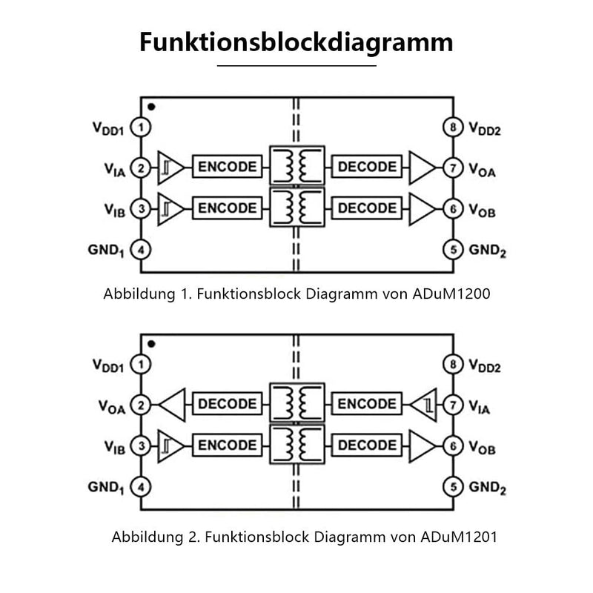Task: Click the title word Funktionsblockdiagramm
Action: (296, 42)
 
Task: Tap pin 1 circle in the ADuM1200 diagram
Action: (141, 127)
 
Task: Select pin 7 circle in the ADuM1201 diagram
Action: (453, 405)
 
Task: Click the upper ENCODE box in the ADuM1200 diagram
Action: (228, 166)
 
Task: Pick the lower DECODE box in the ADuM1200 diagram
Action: (367, 208)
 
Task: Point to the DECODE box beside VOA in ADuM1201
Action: (228, 403)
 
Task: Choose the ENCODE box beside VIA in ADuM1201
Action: (367, 403)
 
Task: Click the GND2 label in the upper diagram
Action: (487, 251)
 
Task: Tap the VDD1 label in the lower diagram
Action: (108, 365)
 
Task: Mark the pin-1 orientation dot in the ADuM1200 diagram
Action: (151, 107)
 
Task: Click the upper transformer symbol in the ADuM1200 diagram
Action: (297, 165)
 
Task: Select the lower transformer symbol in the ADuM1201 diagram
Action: (297, 444)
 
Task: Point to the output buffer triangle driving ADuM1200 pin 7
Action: (422, 168)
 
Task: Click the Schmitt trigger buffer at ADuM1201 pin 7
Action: (423, 405)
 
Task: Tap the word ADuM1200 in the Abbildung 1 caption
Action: (451, 294)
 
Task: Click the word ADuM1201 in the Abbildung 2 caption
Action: (459, 537)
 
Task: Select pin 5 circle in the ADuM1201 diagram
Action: (453, 487)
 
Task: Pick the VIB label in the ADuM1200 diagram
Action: (115, 211)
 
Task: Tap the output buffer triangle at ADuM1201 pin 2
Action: (173, 405)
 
